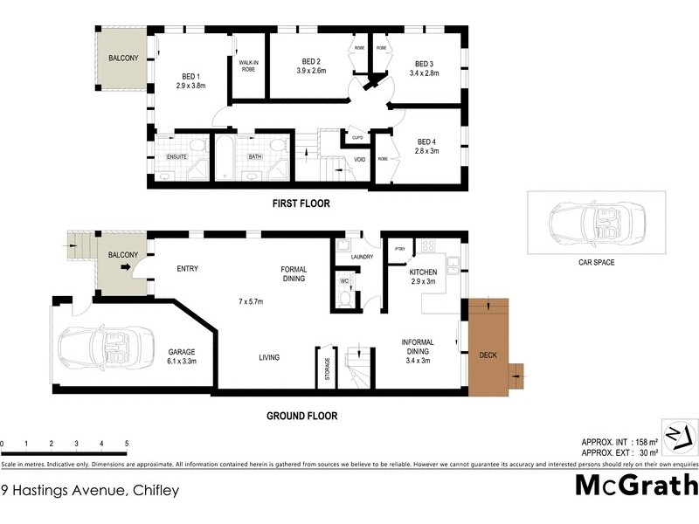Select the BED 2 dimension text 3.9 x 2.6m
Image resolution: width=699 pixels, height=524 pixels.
click(309, 71)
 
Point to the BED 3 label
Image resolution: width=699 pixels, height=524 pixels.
click(425, 64)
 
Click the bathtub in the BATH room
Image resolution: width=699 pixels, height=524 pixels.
click(225, 157)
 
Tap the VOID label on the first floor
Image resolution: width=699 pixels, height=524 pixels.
click(359, 160)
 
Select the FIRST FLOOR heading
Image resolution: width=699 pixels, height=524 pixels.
click(300, 203)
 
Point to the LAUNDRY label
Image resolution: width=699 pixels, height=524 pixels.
click(361, 257)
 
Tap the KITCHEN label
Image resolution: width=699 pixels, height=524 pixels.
click(424, 272)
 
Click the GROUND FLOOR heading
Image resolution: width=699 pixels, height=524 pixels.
click(301, 417)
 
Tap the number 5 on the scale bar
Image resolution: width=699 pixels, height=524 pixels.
click(128, 444)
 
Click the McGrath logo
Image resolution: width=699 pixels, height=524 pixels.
click(636, 485)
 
